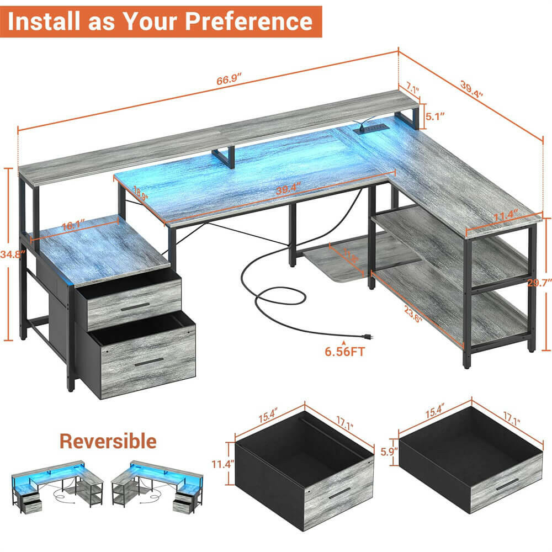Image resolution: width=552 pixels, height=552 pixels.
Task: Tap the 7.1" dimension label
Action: click(x=412, y=88)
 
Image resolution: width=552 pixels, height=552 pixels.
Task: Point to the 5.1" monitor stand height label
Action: click(x=436, y=116)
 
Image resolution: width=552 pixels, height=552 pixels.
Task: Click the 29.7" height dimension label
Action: click(x=539, y=283)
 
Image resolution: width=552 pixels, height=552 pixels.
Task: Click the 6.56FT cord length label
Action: click(x=346, y=352)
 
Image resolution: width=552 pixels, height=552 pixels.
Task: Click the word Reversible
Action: click(x=108, y=441)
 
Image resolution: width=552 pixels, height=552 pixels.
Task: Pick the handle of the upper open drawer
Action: click(x=135, y=305)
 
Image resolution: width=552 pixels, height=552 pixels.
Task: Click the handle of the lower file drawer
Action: click(x=149, y=362)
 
